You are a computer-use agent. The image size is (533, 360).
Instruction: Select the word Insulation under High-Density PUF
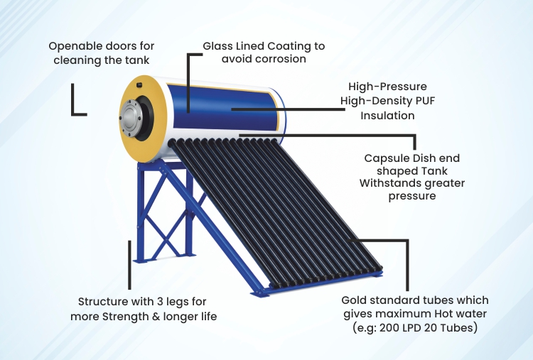(x=387, y=116)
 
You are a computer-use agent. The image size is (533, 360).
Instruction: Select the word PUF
(x=426, y=101)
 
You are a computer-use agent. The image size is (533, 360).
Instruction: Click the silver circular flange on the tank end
(x=129, y=117)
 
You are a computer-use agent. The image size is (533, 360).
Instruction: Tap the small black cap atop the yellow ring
(x=139, y=84)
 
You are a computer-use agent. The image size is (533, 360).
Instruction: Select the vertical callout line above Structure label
(x=129, y=265)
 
